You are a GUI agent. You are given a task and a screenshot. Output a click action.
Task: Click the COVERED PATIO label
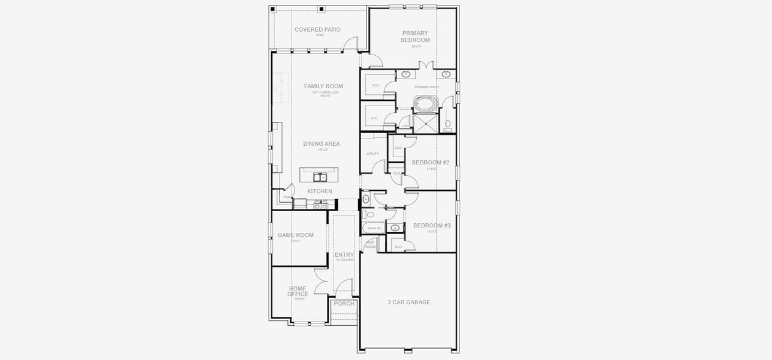pyautogui.click(x=317, y=29)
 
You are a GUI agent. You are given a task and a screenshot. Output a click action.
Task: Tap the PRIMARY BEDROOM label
pyautogui.click(x=415, y=37)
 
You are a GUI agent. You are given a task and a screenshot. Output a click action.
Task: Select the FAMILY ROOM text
pyautogui.click(x=323, y=86)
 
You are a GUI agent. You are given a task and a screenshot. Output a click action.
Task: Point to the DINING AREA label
pyautogui.click(x=322, y=144)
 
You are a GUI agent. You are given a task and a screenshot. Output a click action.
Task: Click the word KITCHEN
pyautogui.click(x=320, y=191)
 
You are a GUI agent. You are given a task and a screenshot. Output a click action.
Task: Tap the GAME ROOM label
pyautogui.click(x=296, y=235)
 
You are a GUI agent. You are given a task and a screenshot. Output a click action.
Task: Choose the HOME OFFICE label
pyautogui.click(x=298, y=291)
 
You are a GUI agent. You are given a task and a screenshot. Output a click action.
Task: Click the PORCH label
pyautogui.click(x=344, y=304)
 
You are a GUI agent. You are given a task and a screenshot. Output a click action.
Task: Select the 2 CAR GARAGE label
pyautogui.click(x=409, y=302)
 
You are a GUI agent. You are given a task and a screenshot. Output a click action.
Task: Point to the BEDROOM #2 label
pyautogui.click(x=431, y=163)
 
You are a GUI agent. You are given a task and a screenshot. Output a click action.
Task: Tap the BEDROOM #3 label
pyautogui.click(x=432, y=226)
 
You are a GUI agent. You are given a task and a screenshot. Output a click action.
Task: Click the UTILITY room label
pyautogui.click(x=373, y=154)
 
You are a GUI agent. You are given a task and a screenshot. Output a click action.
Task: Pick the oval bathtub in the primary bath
pyautogui.click(x=426, y=103)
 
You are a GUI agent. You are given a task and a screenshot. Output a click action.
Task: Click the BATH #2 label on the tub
pyautogui.click(x=374, y=228)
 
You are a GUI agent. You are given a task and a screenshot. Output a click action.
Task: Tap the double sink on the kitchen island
pyautogui.click(x=320, y=177)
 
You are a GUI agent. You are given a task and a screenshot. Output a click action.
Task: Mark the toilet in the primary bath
pyautogui.click(x=448, y=125)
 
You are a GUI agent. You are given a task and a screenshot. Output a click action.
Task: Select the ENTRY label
pyautogui.click(x=344, y=255)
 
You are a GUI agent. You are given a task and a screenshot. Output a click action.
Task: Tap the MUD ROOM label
pyautogui.click(x=370, y=244)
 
